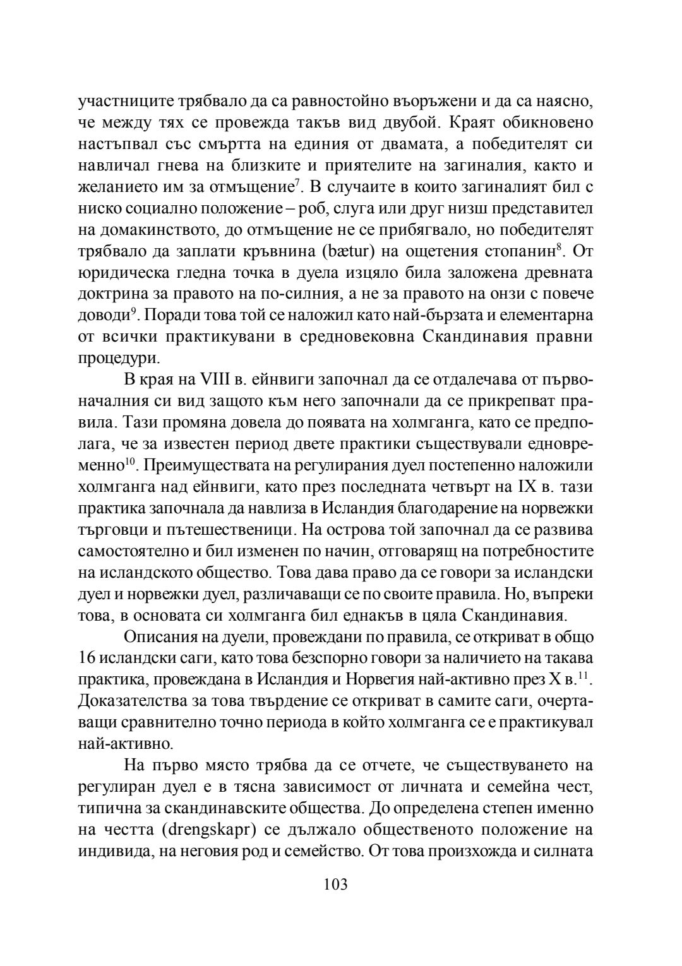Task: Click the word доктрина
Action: (x=111, y=294)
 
